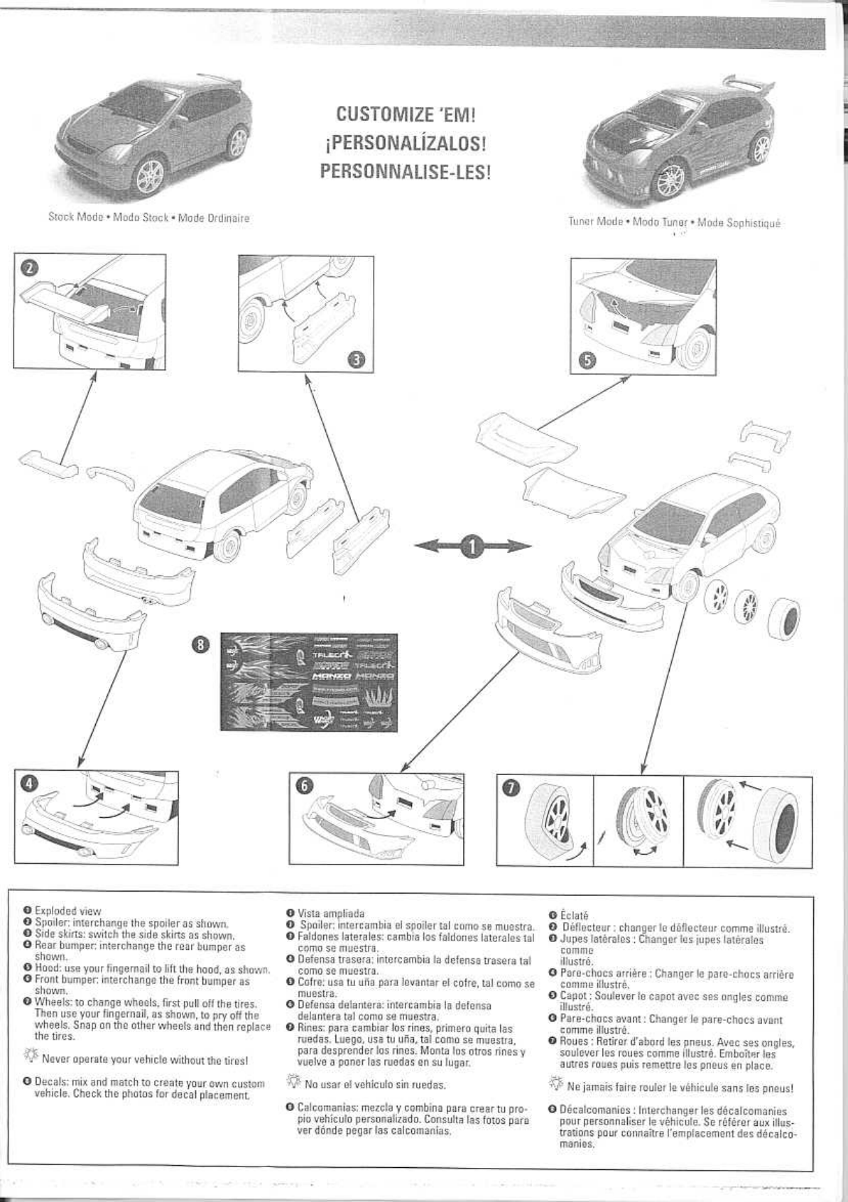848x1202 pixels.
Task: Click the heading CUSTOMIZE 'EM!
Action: pyautogui.click(x=405, y=114)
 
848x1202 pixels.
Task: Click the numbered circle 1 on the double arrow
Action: pyautogui.click(x=472, y=546)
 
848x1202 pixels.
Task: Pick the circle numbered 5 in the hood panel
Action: pyautogui.click(x=587, y=359)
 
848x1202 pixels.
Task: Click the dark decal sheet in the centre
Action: pyautogui.click(x=308, y=681)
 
